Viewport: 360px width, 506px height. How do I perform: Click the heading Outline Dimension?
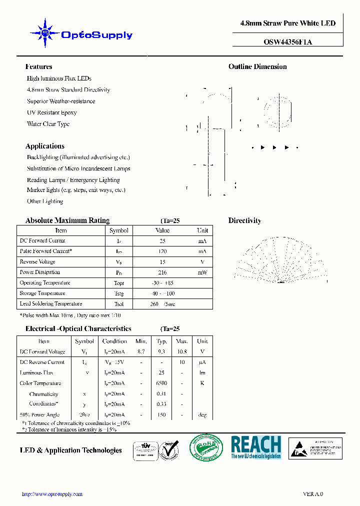tap(257, 66)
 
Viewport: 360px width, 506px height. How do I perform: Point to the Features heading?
tap(38, 66)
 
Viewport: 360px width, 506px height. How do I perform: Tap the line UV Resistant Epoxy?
tap(51, 112)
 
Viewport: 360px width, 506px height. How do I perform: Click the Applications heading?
tap(44, 146)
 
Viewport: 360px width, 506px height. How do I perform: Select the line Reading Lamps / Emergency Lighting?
tap(73, 180)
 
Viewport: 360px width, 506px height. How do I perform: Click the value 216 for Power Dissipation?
tap(162, 272)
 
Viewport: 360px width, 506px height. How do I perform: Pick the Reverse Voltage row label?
tap(37, 262)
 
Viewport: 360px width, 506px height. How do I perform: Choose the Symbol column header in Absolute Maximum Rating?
tap(118, 230)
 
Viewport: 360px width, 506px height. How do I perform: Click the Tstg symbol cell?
tap(118, 293)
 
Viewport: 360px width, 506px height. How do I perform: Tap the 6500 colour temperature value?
tap(161, 383)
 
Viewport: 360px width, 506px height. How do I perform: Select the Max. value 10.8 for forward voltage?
tap(182, 352)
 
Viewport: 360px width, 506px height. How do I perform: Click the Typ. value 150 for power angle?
tap(161, 414)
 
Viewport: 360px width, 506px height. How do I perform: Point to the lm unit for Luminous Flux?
tap(202, 373)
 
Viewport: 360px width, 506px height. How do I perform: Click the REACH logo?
tap(256, 447)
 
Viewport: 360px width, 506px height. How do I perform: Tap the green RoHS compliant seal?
tap(206, 446)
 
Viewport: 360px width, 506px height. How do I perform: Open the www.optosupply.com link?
tap(52, 494)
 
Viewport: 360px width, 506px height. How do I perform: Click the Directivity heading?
tap(244, 220)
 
